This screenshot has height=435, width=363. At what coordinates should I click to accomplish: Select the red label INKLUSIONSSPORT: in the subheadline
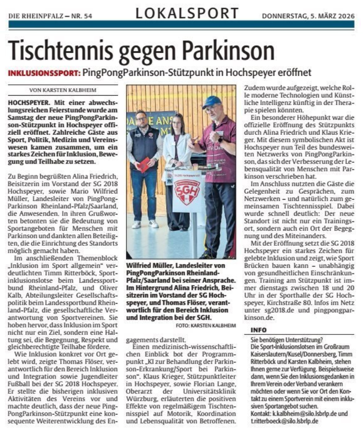coord(44,73)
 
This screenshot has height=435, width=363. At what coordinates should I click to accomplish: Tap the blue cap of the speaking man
coord(211,102)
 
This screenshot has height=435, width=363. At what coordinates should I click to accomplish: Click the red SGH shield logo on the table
coord(187,189)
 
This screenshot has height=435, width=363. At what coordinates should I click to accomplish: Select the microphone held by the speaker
coord(213,126)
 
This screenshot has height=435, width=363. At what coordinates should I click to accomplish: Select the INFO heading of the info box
coord(260,329)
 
